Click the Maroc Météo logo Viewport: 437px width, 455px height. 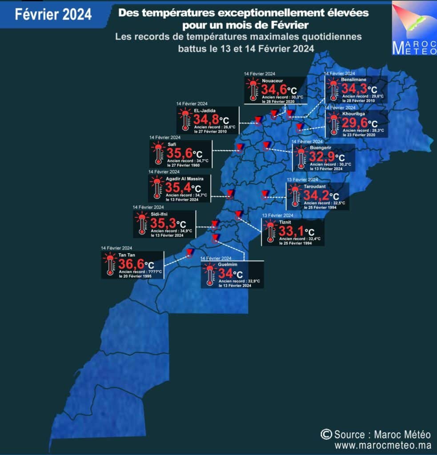point(413,29)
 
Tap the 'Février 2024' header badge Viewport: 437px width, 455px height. point(53,14)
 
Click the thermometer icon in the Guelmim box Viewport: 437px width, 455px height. point(210,275)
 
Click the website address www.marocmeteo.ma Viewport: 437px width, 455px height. point(383,445)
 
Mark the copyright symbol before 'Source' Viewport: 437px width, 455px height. point(326,434)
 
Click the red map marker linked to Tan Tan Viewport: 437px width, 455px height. point(189,253)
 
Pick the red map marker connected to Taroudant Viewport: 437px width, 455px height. point(265,194)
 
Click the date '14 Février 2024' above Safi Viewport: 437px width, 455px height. point(164,138)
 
